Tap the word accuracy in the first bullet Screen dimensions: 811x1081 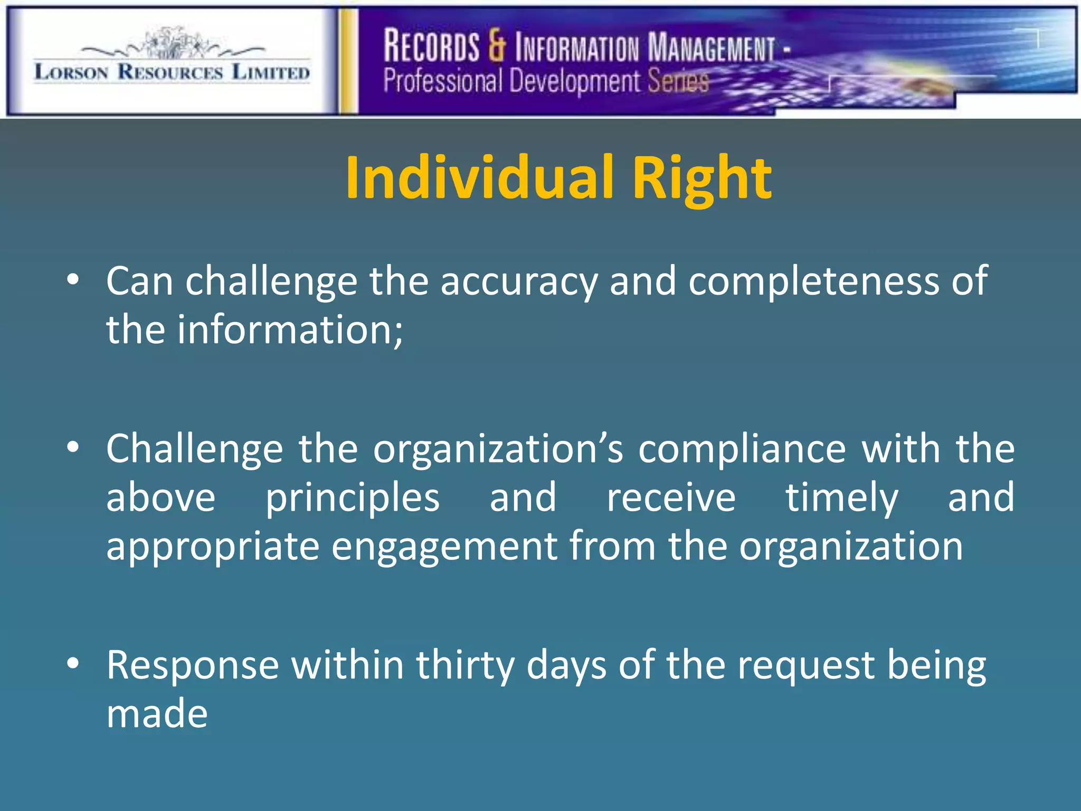pos(518,281)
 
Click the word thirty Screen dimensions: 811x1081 pos(465,665)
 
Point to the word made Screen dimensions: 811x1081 pos(157,713)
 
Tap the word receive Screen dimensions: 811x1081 pos(671,498)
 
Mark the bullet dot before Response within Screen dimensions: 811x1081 pos(73,662)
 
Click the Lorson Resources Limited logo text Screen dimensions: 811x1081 pos(172,72)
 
